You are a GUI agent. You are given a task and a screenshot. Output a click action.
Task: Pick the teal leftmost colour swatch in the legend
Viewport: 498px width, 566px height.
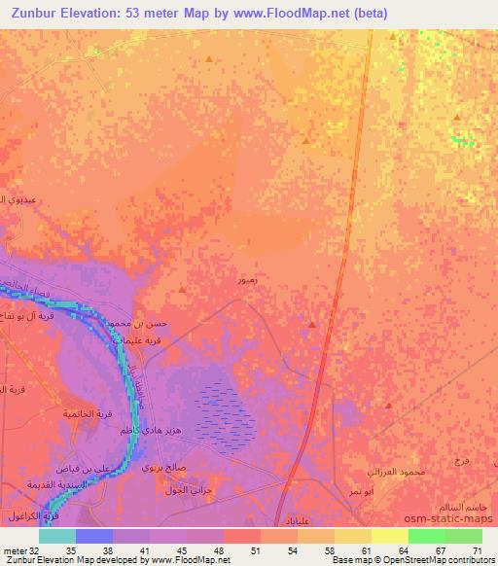tap(57, 536)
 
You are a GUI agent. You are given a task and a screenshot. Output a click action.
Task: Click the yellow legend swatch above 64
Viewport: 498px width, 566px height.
tap(389, 536)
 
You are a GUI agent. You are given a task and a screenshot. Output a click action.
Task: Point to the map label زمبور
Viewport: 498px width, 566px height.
tap(248, 279)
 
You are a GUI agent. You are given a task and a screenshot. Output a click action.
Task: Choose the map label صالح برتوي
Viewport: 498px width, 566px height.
tap(160, 468)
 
